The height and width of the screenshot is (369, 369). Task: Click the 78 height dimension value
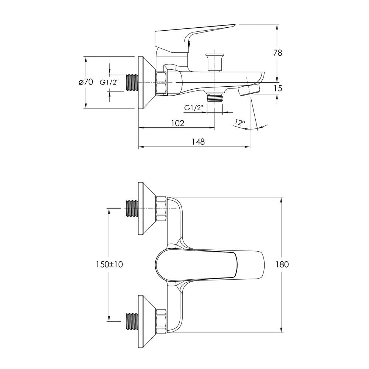tap(278, 53)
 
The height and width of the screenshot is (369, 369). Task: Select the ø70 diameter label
tap(86, 82)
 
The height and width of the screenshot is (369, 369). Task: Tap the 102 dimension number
tap(178, 123)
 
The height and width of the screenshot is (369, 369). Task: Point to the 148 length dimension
tap(198, 142)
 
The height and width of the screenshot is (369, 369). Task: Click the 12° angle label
tap(240, 123)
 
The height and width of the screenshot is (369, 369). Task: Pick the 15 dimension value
tap(278, 88)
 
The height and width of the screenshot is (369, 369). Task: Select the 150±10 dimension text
tap(110, 264)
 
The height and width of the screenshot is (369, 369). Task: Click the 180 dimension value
tap(282, 264)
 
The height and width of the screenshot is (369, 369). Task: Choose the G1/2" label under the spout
tap(193, 108)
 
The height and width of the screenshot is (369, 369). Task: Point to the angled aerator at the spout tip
tap(249, 90)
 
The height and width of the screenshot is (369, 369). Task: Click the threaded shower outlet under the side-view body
tap(215, 97)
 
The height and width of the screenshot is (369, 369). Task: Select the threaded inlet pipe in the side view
tap(132, 83)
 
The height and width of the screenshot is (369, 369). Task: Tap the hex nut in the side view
tap(161, 82)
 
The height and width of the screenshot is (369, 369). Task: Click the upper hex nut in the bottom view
tap(161, 208)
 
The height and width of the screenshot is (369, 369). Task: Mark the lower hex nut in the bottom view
tap(161, 321)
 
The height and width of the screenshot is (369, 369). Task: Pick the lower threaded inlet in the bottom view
tap(132, 321)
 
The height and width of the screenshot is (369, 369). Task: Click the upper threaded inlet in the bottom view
tap(132, 208)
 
